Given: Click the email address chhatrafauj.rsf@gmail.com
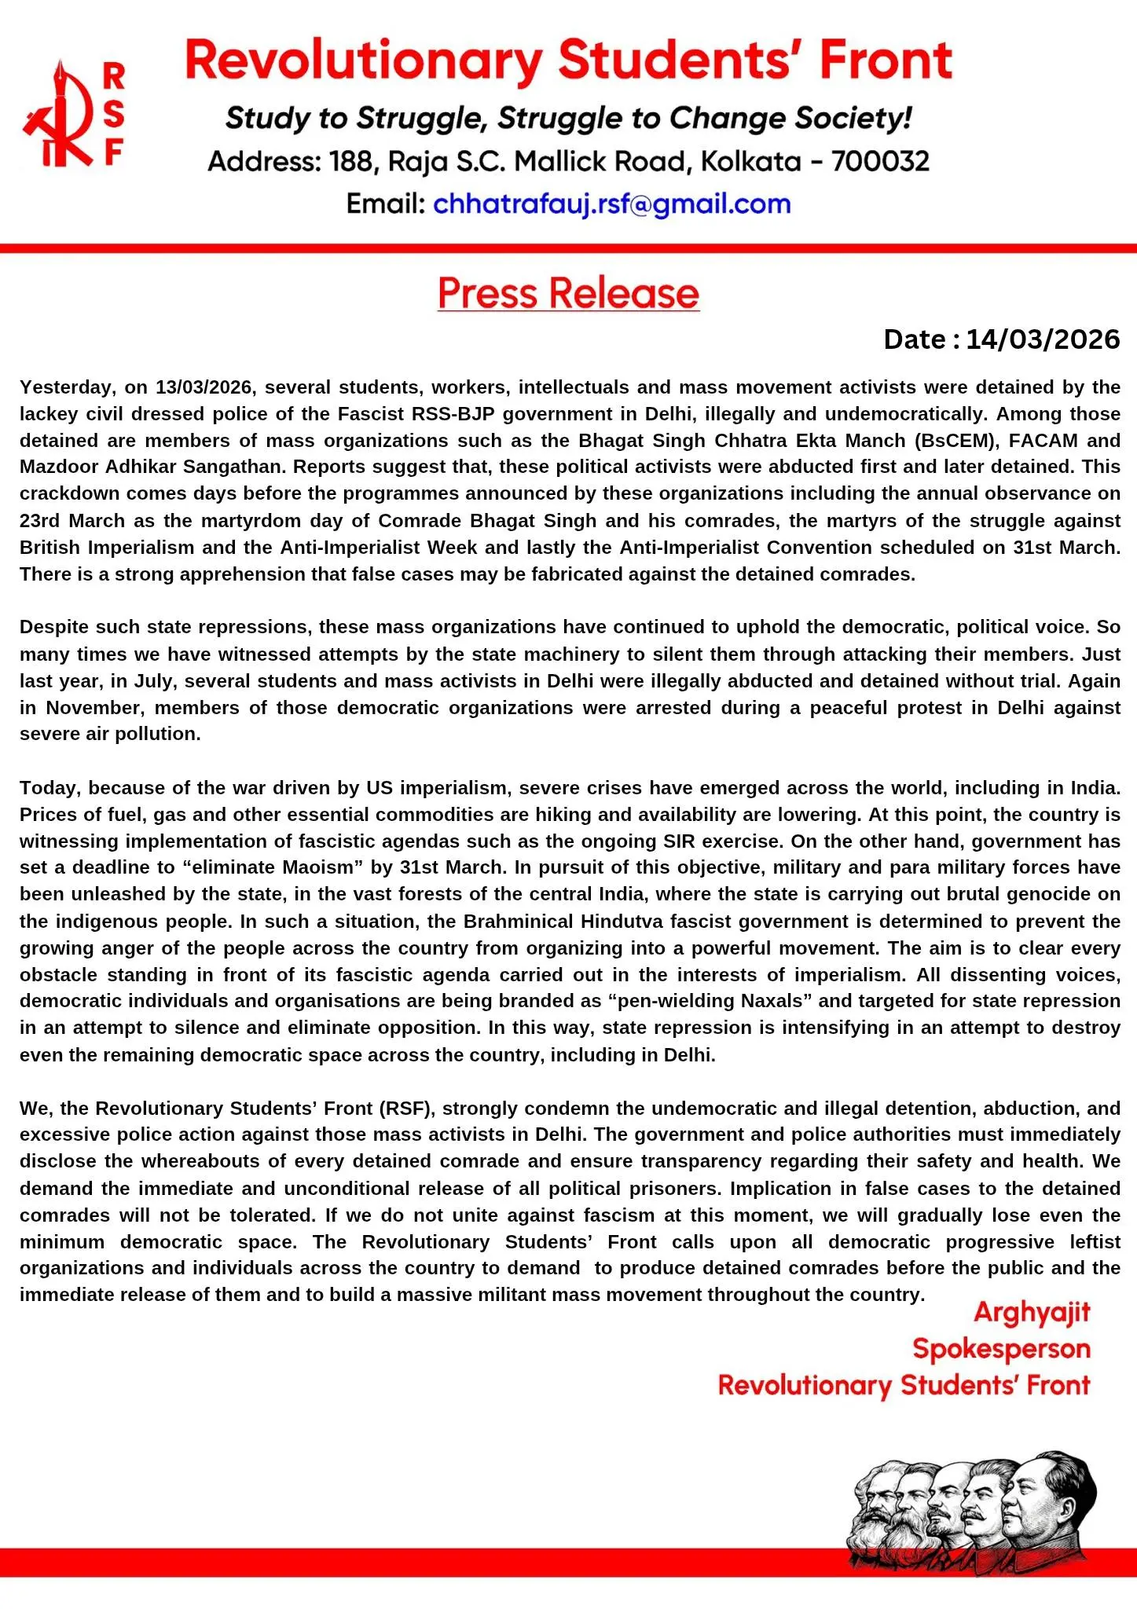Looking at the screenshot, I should (611, 204).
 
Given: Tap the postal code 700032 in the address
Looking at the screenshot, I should (880, 162).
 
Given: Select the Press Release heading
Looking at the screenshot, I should (568, 293).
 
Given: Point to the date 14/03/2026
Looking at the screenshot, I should (1042, 339).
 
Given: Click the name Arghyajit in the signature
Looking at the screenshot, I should (1032, 1313).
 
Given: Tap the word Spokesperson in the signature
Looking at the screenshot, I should (1001, 1349).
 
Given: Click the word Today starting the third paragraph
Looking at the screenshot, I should (50, 788).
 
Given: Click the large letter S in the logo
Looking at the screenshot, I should (114, 115).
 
